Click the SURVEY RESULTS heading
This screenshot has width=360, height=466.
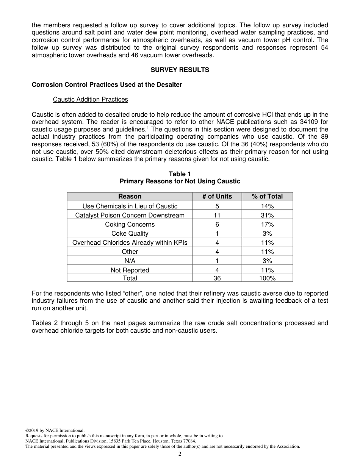[x=180, y=70]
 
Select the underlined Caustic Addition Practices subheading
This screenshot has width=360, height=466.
[x=90, y=99]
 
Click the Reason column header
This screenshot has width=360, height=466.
[x=130, y=196]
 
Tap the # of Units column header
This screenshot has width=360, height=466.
[x=217, y=196]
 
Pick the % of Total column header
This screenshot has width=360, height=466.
[x=267, y=196]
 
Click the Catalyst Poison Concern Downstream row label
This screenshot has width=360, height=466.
[x=130, y=215]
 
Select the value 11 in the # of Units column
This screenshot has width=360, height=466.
[x=217, y=215]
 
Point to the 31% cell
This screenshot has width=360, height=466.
[x=267, y=215]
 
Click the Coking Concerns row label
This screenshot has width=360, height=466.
[x=130, y=224]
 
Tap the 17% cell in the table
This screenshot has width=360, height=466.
[x=267, y=224]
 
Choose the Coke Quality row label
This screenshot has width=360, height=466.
[x=130, y=233]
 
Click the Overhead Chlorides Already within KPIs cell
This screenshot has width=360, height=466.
[x=130, y=242]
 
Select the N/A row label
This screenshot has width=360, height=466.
[x=130, y=261]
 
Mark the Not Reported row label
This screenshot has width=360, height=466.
[x=130, y=270]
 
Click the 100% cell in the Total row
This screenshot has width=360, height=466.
[x=267, y=278]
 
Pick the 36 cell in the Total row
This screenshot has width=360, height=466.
[x=217, y=278]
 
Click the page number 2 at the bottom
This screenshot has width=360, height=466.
[x=180, y=454]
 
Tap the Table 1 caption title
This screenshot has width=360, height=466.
[x=180, y=174]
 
